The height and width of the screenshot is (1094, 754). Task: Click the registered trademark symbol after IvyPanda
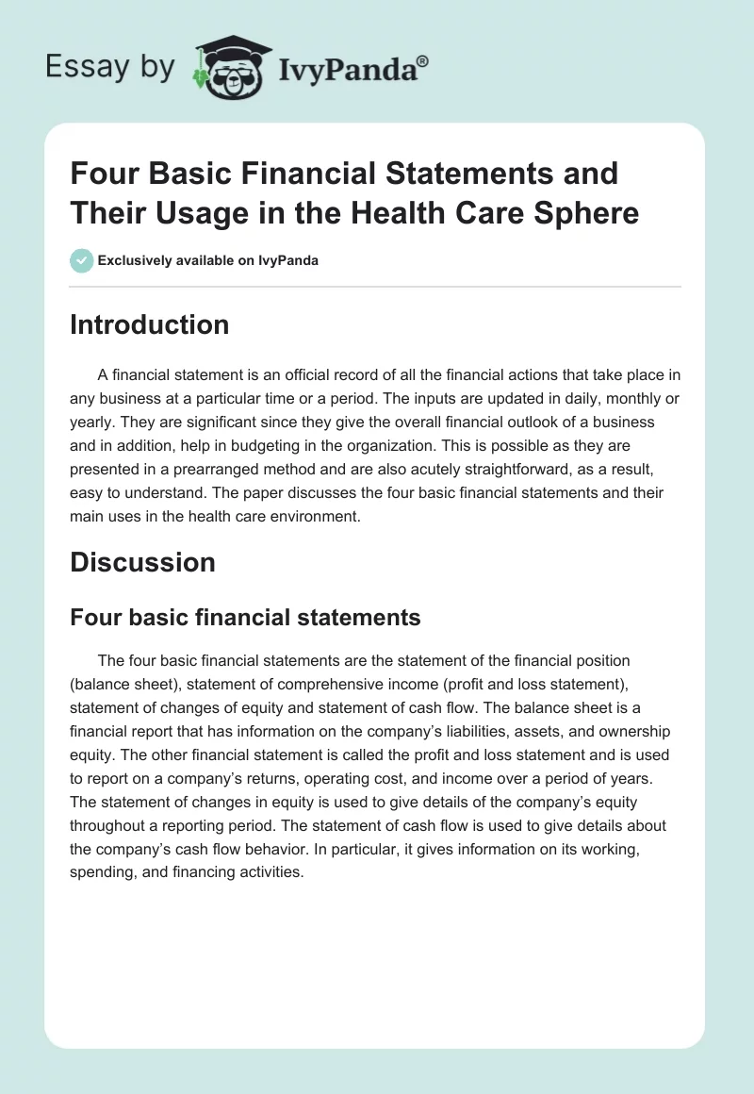point(422,60)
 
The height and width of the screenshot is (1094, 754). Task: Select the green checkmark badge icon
point(82,260)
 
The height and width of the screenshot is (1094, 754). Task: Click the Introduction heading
point(150,324)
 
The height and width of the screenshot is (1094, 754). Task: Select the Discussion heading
point(142,562)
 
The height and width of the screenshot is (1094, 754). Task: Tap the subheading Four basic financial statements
point(245,618)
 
